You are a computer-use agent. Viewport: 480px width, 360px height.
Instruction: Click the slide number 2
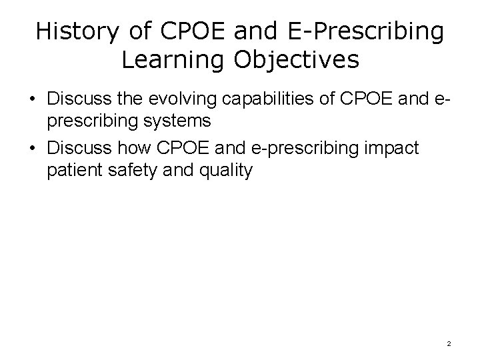[449, 343]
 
